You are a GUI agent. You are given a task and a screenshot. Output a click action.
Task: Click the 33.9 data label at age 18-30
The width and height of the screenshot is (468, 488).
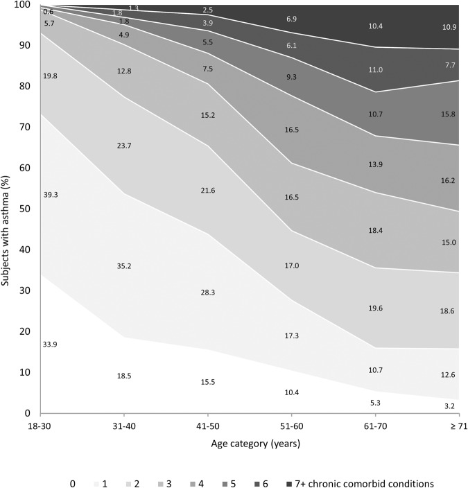[50, 345]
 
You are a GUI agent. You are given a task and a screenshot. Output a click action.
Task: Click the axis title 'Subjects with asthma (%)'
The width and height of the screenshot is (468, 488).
[8, 208]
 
